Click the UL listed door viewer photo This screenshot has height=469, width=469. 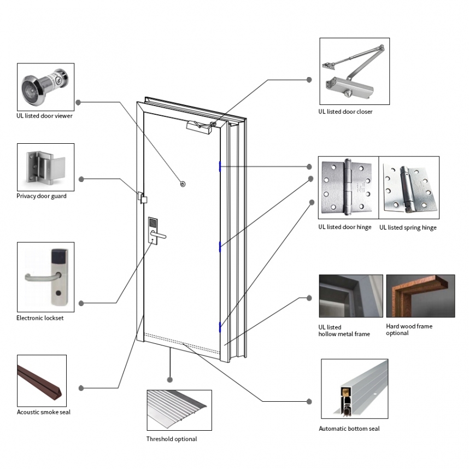(x=45, y=86)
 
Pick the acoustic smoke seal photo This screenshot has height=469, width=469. (x=42, y=380)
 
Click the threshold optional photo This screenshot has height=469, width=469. (x=179, y=410)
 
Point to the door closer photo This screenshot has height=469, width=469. (x=354, y=71)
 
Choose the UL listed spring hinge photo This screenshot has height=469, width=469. (x=409, y=188)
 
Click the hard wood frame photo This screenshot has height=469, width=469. (x=420, y=296)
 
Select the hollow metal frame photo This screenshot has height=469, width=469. (x=350, y=296)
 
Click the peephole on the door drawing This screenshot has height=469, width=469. (x=183, y=184)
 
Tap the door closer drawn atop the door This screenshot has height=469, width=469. (x=200, y=127)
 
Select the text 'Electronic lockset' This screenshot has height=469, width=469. (x=40, y=318)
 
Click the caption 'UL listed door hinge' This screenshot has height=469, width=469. (x=345, y=227)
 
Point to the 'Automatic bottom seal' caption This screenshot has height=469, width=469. (x=349, y=429)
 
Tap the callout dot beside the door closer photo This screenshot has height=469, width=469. (x=309, y=80)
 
